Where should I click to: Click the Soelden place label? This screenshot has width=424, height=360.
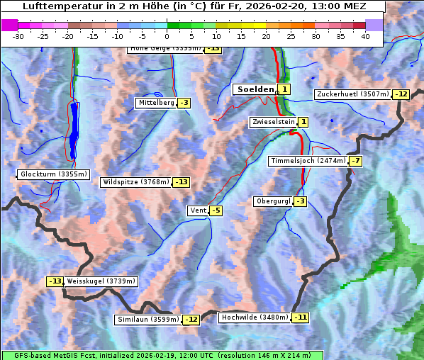tap(254, 89)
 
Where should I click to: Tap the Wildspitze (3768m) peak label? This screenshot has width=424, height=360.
tap(136, 182)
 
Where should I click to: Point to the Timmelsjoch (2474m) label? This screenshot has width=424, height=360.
tap(308, 161)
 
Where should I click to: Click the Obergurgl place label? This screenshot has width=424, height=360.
tap(273, 201)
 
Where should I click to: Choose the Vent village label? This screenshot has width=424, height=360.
tap(198, 210)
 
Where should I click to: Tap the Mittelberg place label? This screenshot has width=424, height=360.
tap(156, 103)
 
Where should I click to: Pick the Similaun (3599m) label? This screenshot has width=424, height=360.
tap(148, 320)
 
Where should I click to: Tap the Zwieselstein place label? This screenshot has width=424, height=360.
tap(273, 122)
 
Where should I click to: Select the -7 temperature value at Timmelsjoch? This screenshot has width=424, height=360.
tap(355, 161)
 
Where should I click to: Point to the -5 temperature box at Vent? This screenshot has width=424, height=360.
tap(216, 210)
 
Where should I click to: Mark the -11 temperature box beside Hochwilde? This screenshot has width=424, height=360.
tap(301, 317)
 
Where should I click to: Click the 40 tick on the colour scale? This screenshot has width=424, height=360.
tap(364, 36)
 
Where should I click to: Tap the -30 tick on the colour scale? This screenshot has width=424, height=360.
tap(18, 36)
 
